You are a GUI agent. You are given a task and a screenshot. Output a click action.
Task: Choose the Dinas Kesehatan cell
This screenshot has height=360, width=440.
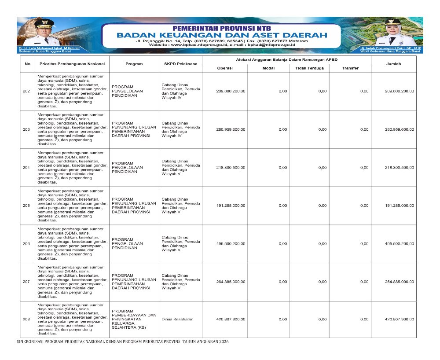177,320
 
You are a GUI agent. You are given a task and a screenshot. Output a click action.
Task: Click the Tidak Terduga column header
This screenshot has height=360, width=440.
309,68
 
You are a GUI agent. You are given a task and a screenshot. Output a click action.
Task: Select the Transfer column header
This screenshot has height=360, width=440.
350,68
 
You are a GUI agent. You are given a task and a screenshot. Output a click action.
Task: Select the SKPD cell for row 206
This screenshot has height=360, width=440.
180,243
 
